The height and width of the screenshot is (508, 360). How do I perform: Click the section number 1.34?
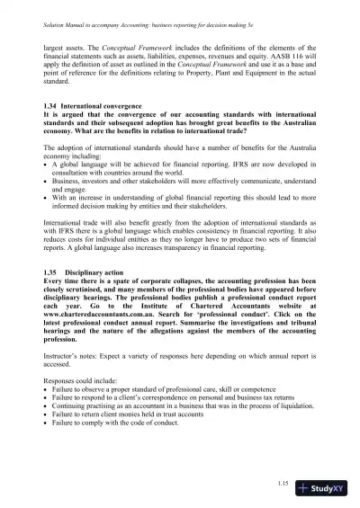tap(50, 130)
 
